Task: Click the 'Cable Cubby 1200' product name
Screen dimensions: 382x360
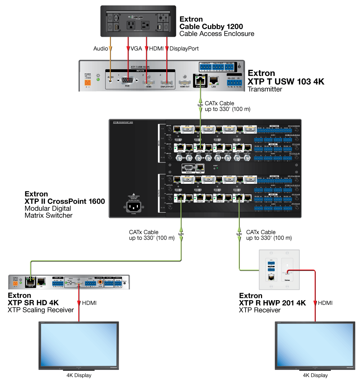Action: click(211, 27)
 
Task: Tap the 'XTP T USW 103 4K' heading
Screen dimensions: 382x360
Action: click(286, 82)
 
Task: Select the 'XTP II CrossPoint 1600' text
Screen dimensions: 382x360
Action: click(65, 201)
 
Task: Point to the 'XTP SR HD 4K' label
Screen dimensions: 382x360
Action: click(33, 302)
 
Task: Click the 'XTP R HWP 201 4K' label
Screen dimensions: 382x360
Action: click(273, 303)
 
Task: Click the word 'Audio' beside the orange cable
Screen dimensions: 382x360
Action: click(100, 48)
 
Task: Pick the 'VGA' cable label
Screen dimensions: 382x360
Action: click(136, 48)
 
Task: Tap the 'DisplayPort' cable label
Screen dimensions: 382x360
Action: click(184, 48)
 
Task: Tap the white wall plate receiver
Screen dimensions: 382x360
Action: click(279, 269)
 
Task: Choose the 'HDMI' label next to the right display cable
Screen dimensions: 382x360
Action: click(325, 303)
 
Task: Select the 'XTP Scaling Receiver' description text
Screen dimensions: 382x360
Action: click(41, 310)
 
